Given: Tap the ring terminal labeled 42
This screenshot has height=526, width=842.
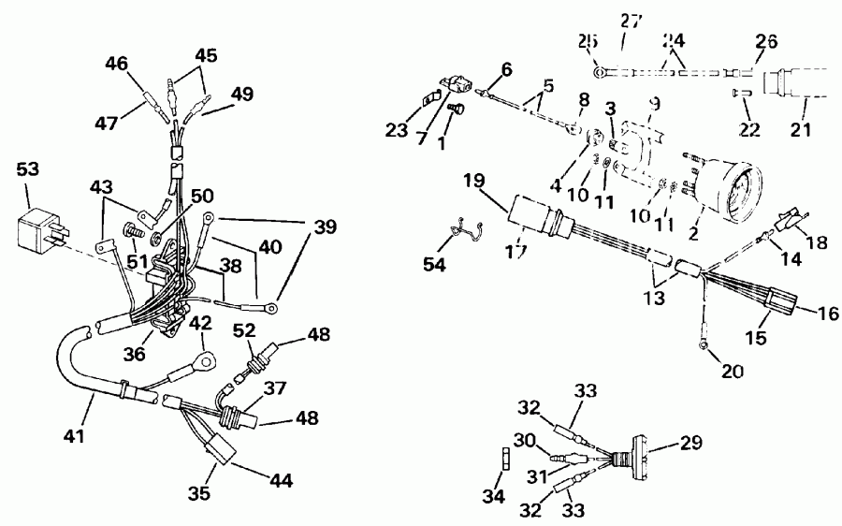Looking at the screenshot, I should pos(204,359).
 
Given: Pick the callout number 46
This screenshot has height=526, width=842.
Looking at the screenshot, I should pos(116,66).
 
